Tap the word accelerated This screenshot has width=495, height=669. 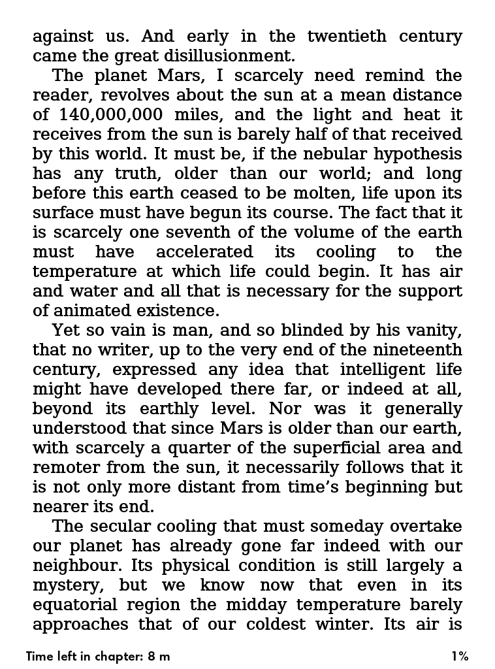pos(204,252)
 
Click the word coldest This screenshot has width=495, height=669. pos(276,624)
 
